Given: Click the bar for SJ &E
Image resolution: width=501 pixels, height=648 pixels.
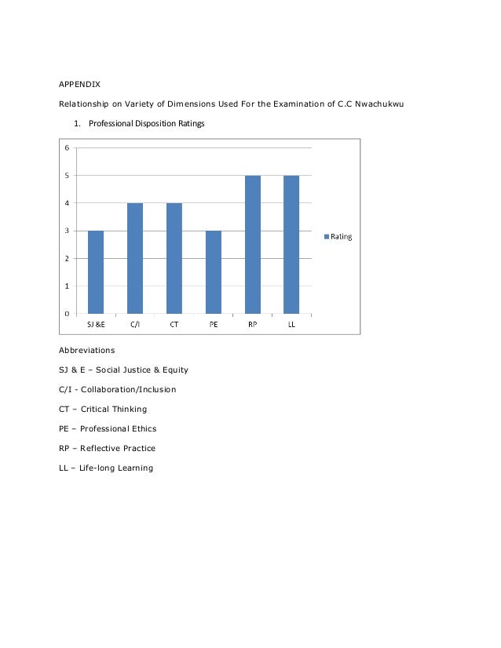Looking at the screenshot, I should [x=96, y=271].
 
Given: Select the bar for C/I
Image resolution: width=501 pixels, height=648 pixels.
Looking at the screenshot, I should [x=135, y=258].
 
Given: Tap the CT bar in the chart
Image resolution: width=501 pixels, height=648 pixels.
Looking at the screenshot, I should [x=174, y=258].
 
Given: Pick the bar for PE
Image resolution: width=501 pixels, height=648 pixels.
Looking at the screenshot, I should [x=214, y=271].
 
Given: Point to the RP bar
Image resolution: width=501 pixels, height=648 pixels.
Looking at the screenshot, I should [x=253, y=244].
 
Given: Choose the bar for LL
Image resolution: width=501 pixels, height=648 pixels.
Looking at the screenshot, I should [x=291, y=244].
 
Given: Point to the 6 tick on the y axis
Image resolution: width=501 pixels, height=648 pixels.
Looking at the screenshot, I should [x=66, y=147].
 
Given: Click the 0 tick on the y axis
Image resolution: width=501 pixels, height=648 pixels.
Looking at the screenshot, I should [x=66, y=314].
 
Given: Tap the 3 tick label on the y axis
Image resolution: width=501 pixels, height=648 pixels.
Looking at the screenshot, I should [x=66, y=231].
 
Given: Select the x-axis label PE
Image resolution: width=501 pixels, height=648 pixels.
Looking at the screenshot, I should [x=214, y=324].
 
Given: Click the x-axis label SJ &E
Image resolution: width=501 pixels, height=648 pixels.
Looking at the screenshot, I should [x=96, y=324].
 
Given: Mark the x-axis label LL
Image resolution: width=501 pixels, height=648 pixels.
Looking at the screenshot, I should [x=291, y=324].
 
